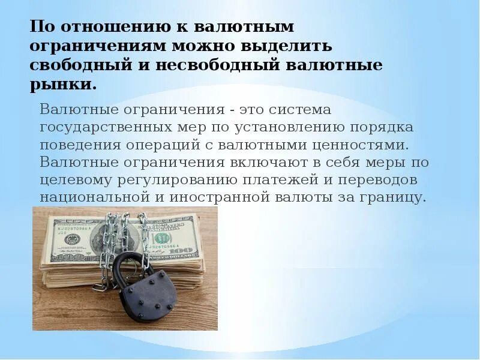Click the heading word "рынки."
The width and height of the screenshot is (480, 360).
pyautogui.click(x=63, y=84)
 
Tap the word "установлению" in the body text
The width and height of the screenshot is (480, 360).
pyautogui.click(x=292, y=128)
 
